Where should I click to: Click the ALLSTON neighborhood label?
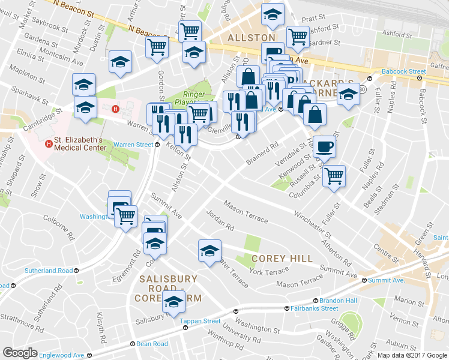[251, 38]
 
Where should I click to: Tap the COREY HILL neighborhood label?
[282, 258]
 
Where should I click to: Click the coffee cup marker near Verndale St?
[325, 146]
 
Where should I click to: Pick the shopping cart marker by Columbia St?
[334, 176]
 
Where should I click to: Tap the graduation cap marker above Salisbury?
[174, 303]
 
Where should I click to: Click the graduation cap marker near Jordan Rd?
[209, 250]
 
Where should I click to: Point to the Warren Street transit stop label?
[133, 144]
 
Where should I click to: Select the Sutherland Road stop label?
[48, 271]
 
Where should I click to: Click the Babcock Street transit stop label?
[402, 71]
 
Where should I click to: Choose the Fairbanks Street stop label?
[315, 308]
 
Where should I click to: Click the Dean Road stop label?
[152, 344]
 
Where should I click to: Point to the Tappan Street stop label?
[200, 321]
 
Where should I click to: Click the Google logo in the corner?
[20, 353]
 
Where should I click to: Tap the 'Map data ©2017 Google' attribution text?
[412, 355]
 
